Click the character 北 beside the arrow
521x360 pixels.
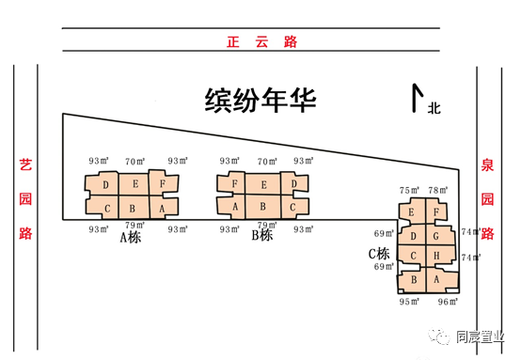pos(434,108)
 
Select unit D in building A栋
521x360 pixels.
pos(107,184)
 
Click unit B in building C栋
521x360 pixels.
pos(413,280)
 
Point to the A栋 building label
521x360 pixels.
pos(130,238)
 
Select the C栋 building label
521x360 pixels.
pos(379,254)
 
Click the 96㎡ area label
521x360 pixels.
pos(448,302)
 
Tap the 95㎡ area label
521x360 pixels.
pos(409,302)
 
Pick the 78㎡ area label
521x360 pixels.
pos(438,191)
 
